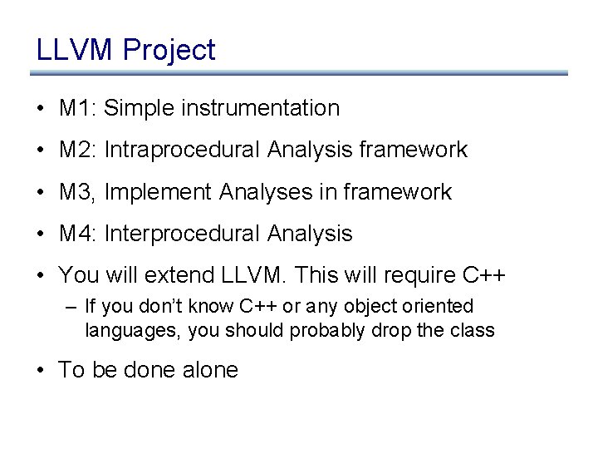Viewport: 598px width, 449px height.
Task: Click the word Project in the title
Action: [169, 51]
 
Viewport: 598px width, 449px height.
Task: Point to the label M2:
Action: [79, 150]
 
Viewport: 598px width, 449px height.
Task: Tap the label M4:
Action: [79, 234]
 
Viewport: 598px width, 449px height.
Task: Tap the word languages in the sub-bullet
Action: [133, 330]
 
